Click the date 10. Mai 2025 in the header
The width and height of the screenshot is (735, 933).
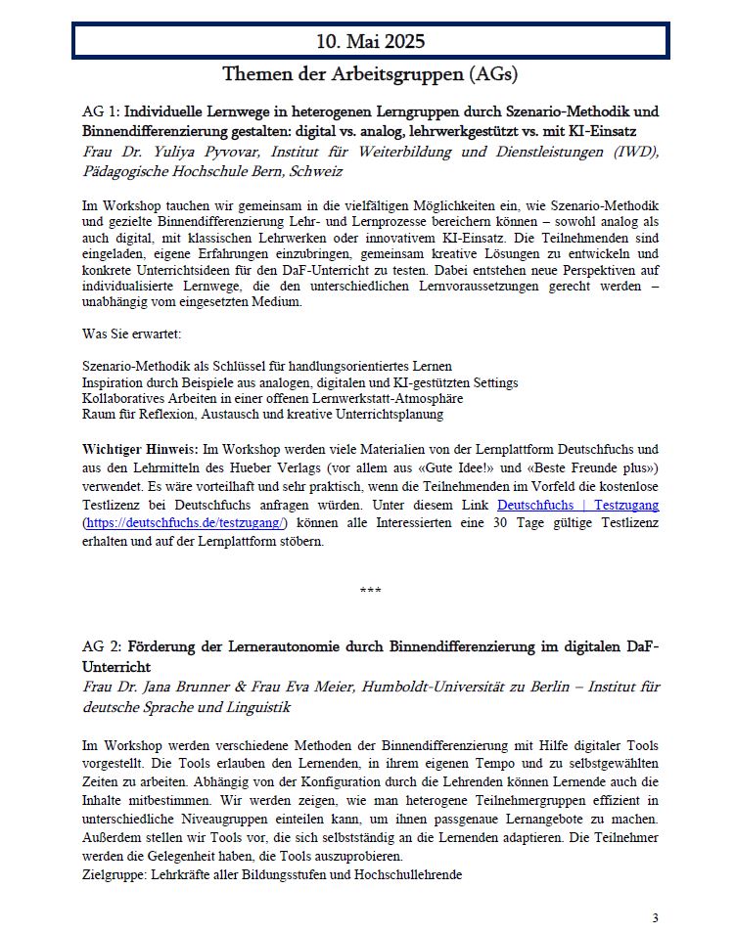(370, 41)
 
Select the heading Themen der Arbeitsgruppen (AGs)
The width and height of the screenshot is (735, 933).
(370, 73)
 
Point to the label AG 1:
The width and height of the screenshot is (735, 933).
(102, 111)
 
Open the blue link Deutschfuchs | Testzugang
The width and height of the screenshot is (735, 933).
(577, 505)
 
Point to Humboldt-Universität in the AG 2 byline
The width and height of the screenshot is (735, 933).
(427, 687)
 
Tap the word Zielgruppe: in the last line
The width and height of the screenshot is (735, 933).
(113, 874)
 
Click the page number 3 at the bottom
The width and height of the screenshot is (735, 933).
(655, 916)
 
